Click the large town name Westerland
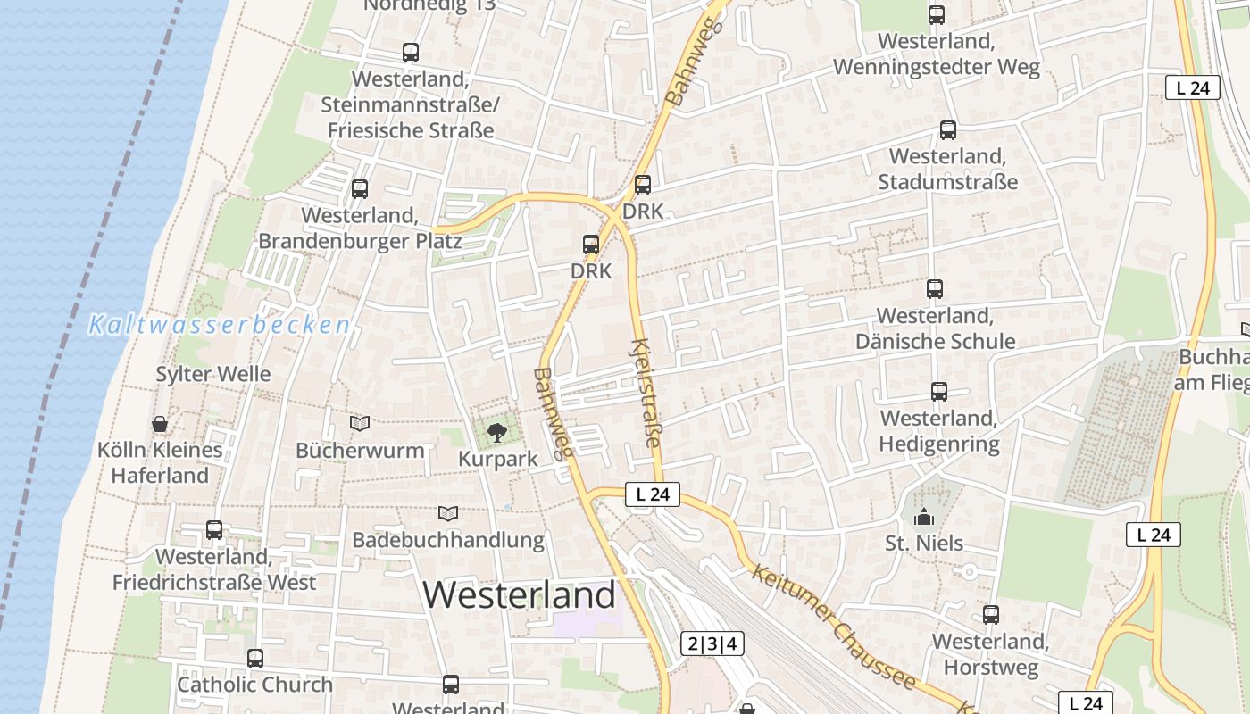(x=519, y=595)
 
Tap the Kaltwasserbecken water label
(x=219, y=325)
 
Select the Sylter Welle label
(x=213, y=374)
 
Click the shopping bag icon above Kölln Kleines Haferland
(x=160, y=424)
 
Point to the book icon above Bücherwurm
(x=360, y=423)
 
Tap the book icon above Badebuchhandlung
(x=447, y=514)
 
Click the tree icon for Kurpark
(x=496, y=434)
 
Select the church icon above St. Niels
(x=923, y=517)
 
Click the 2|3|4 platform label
(x=712, y=643)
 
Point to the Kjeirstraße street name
(x=647, y=393)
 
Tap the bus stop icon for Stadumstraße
(x=948, y=130)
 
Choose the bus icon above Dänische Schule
(x=935, y=289)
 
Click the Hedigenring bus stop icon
(x=939, y=392)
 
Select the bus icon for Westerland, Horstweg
(x=991, y=615)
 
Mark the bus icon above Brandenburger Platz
(x=360, y=189)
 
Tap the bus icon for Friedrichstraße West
(x=214, y=530)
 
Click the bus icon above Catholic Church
(x=255, y=659)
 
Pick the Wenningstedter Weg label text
(x=937, y=67)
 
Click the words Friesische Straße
(x=411, y=130)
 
